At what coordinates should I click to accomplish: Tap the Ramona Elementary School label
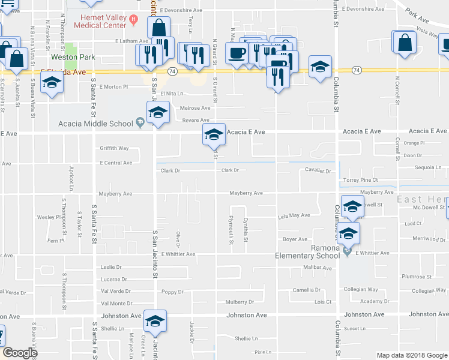pyautogui.click(x=307, y=251)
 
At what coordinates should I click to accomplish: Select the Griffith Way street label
pyautogui.click(x=115, y=148)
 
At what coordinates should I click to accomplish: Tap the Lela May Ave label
pyautogui.click(x=294, y=215)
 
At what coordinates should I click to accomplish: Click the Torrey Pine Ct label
pyautogui.click(x=360, y=180)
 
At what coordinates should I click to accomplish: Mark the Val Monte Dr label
pyautogui.click(x=116, y=304)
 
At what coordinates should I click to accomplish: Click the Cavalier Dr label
pyautogui.click(x=318, y=171)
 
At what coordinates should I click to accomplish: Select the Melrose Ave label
pyautogui.click(x=196, y=108)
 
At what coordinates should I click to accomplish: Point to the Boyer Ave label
pyautogui.click(x=295, y=239)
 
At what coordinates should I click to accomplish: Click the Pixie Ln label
pyautogui.click(x=263, y=352)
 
